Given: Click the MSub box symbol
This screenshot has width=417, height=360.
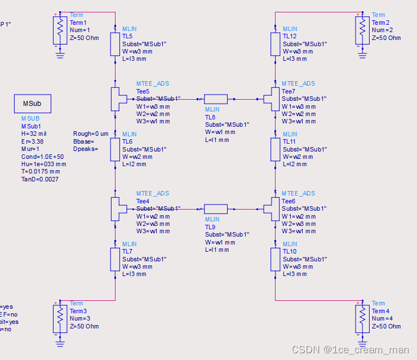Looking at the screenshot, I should [x=32, y=104].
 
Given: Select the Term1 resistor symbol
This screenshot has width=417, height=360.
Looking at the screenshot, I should [x=59, y=29].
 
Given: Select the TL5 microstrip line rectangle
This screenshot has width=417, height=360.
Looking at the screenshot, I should [x=115, y=43].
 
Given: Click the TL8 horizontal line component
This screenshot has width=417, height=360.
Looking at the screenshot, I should [x=216, y=99].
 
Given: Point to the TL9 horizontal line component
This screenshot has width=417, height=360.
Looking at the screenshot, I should [x=216, y=209].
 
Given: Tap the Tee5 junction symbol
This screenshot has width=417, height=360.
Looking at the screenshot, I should [x=116, y=99].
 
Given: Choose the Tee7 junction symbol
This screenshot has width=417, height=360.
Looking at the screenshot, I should [x=274, y=99].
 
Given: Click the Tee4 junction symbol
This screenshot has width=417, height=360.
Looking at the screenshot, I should [x=116, y=209].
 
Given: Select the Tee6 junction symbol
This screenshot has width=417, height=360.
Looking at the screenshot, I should [x=274, y=209].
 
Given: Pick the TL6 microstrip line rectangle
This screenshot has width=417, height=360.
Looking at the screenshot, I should [x=115, y=149].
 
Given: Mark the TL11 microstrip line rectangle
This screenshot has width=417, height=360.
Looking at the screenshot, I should [x=275, y=149].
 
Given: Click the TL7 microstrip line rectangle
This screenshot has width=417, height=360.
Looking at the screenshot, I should [x=115, y=259].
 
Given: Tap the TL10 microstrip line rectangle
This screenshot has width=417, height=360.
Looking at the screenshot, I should [x=275, y=259].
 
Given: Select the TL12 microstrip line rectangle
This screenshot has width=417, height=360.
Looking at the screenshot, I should [x=275, y=43].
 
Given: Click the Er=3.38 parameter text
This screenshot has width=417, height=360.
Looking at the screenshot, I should [x=33, y=142].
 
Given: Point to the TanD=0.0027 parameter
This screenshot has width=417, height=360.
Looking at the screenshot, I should [x=39, y=179].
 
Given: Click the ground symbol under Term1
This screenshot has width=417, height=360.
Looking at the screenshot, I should [x=59, y=54].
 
